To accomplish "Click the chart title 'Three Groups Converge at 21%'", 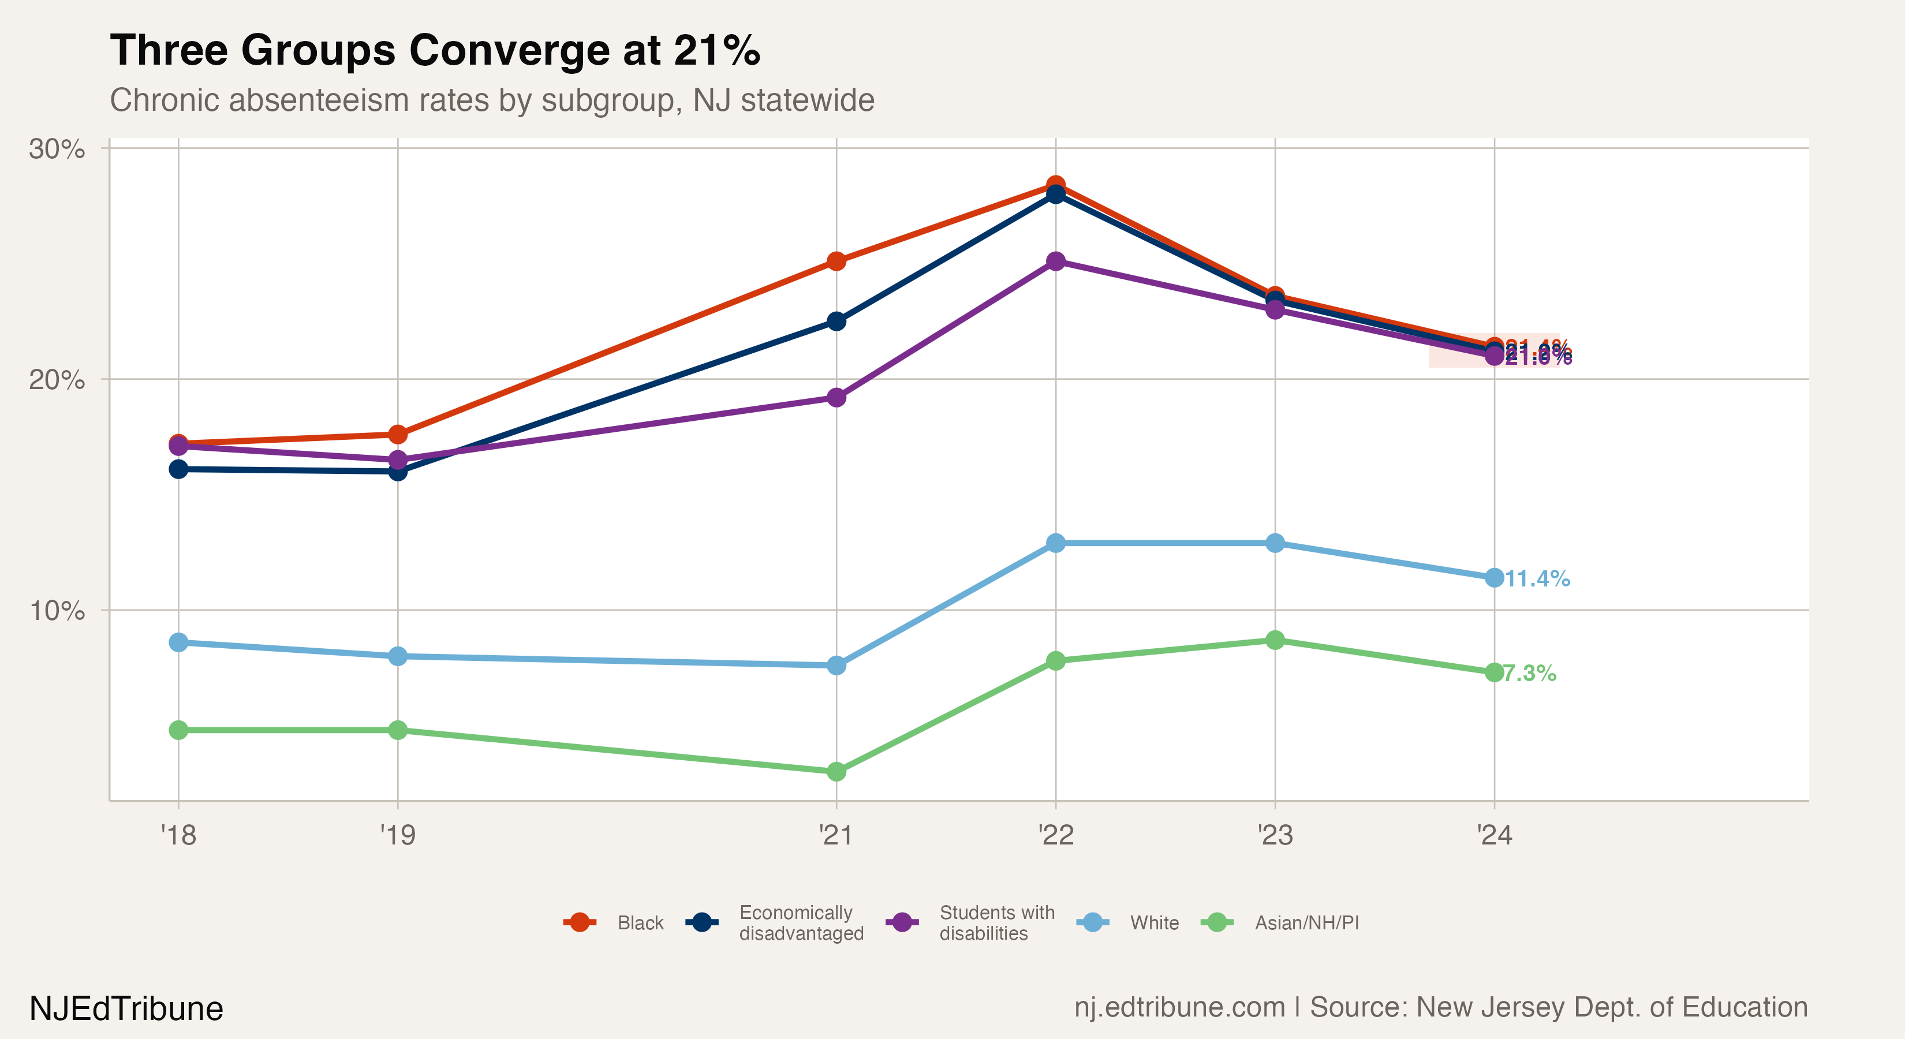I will [x=435, y=50].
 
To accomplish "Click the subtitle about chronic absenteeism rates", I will [x=492, y=100].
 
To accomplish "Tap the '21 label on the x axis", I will [x=836, y=835].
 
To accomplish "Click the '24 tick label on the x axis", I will [x=1495, y=835].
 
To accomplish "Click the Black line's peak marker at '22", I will [x=1055, y=184].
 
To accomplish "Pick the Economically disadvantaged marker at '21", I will [x=836, y=321].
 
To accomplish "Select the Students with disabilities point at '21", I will [x=836, y=398].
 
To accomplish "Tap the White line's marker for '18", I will [x=178, y=642].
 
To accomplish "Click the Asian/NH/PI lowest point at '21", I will [x=836, y=771].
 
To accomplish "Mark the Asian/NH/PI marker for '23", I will [x=1275, y=640].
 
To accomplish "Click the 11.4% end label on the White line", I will [x=1537, y=578].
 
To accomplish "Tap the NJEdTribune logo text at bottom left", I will [x=126, y=1008].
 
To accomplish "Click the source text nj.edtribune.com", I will [x=1179, y=1007].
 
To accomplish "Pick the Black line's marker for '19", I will [x=398, y=434].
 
